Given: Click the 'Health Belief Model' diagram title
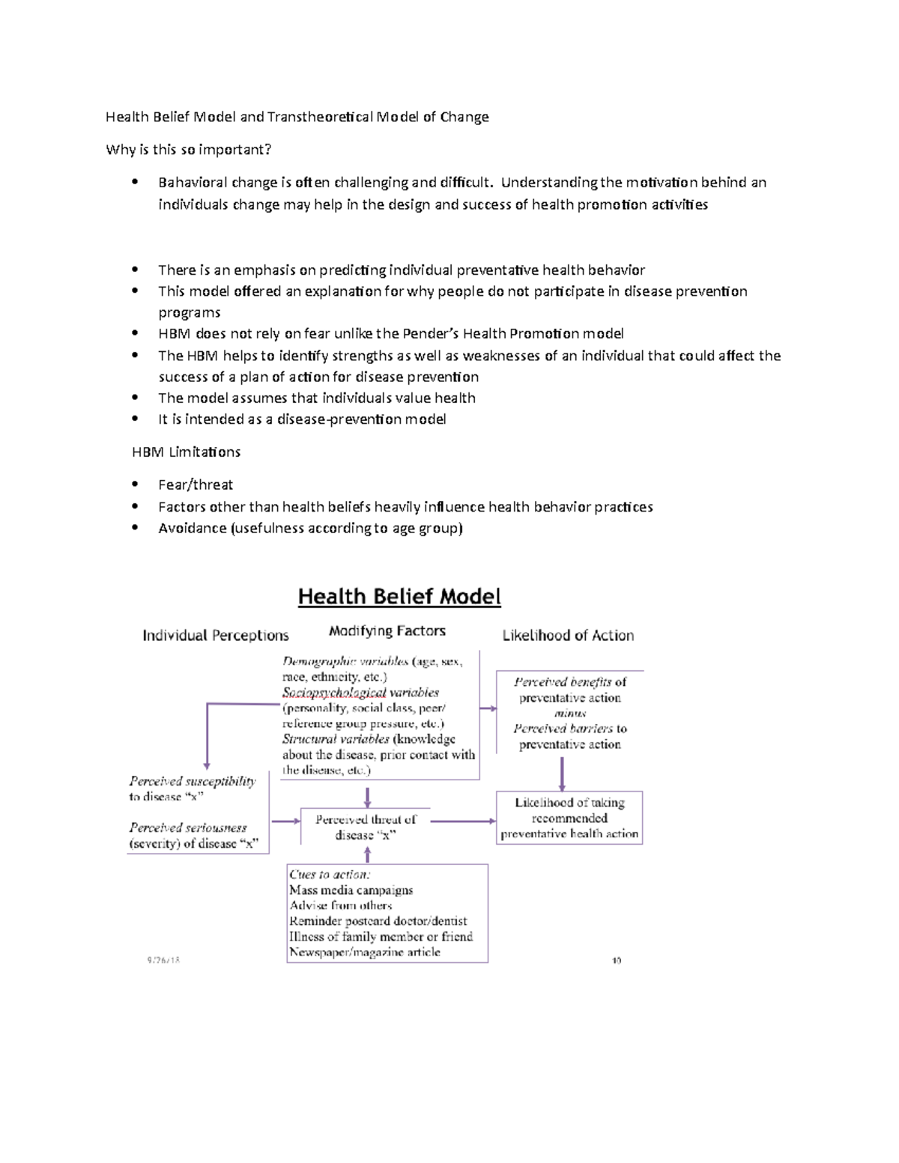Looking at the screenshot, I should coord(399,597).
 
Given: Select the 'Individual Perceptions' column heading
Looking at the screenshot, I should coord(216,636).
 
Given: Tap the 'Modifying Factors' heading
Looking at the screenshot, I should coord(387,631).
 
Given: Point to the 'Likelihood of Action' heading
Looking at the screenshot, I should coord(568,636).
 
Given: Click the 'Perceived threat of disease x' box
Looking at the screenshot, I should coord(365,828).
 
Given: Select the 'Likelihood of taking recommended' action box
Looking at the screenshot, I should coord(569,818).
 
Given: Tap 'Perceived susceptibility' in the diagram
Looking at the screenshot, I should coord(193,781).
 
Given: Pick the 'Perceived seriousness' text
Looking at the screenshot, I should coord(188,828).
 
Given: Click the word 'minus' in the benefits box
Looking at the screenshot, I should coord(569,714).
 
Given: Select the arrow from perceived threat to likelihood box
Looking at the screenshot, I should coord(463,822).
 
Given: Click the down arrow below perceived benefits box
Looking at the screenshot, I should coord(563,774).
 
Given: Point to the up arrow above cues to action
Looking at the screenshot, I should coord(367,855).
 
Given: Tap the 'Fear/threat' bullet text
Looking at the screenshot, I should coord(196,485).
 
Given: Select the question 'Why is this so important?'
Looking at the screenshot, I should coord(189,150).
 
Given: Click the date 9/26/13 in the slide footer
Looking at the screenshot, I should coord(163,959).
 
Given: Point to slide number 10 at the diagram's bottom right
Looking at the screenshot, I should coord(617,960).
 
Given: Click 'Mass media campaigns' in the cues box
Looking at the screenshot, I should coord(351,890).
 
